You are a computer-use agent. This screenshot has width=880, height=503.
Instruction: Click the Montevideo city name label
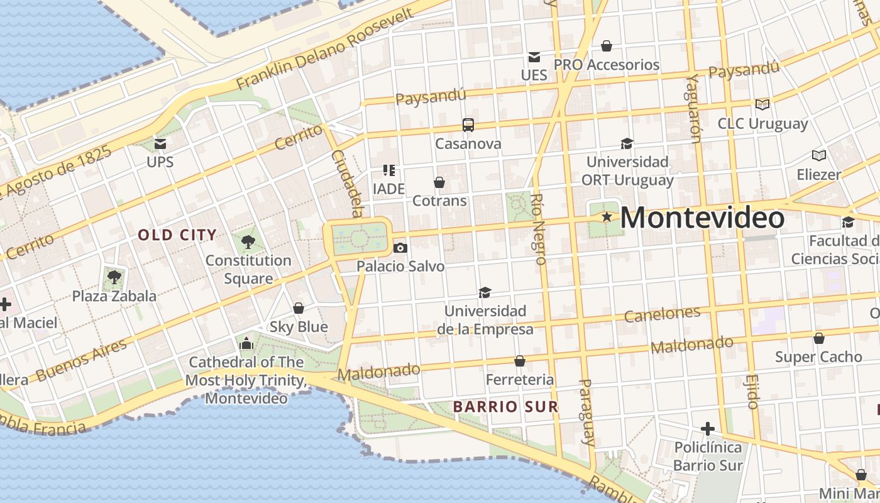[x=702, y=218]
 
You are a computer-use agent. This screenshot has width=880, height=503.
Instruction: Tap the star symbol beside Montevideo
[x=607, y=217]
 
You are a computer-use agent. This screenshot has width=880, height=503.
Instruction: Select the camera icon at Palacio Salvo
[x=400, y=248]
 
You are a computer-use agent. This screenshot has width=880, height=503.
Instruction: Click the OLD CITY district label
[x=177, y=235]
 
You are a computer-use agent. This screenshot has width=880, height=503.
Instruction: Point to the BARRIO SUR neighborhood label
[x=505, y=407]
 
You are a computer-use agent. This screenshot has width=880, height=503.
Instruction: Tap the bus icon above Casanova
[x=468, y=125]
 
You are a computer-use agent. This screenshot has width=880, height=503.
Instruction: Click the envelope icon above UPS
[x=160, y=144]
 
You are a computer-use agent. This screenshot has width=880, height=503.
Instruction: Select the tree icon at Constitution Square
[x=248, y=241]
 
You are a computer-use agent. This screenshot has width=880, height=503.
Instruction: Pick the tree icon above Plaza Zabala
[x=114, y=277]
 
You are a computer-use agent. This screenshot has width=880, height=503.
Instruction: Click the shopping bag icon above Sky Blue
[x=299, y=308]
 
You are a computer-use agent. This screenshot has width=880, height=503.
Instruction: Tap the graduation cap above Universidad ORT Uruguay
[x=626, y=143]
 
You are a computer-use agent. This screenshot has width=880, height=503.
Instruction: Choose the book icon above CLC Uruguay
[x=762, y=104]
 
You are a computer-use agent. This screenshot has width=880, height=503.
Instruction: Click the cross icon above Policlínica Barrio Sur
[x=708, y=429]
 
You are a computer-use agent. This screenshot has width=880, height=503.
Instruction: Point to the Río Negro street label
[x=537, y=228]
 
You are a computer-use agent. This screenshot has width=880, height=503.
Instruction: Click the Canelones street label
[x=663, y=314]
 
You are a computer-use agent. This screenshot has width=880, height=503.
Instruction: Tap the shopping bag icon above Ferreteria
[x=520, y=361]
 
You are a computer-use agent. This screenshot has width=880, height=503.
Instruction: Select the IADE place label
[x=388, y=189]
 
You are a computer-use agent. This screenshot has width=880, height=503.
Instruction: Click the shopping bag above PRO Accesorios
[x=607, y=46]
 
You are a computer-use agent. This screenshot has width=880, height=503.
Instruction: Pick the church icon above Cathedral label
[x=246, y=344]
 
